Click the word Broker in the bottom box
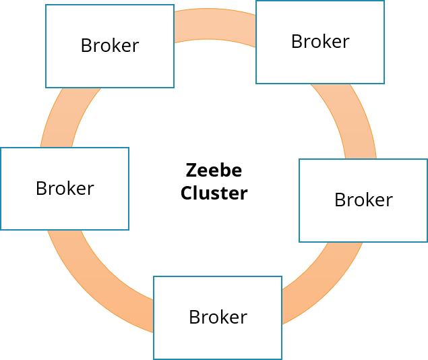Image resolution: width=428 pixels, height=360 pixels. point(218,317)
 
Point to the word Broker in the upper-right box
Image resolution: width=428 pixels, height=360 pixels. point(320,42)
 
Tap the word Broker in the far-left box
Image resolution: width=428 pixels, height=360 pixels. point(65,189)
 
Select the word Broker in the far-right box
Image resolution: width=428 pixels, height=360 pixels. point(363,200)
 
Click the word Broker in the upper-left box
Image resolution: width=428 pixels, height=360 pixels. point(110,46)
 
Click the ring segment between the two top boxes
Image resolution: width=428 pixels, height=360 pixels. point(214,24)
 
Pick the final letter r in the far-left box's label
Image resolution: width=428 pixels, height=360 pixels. point(90,189)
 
